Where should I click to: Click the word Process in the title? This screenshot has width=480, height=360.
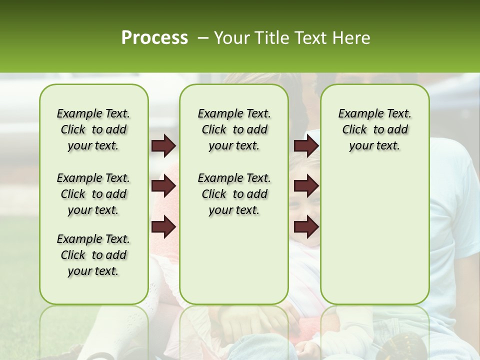tap(154, 38)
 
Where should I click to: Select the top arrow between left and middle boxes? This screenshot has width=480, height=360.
tap(163, 146)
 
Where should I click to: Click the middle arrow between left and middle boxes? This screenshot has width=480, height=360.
tap(163, 186)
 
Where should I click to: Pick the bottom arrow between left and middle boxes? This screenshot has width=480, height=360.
tap(163, 227)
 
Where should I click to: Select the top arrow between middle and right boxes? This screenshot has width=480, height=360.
tap(306, 146)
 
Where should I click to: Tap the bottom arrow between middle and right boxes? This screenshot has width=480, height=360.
tap(306, 227)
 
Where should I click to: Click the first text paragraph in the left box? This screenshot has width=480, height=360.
tap(93, 129)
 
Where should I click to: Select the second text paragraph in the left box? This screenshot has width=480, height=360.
tap(93, 194)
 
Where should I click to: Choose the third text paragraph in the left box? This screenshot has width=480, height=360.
tap(93, 255)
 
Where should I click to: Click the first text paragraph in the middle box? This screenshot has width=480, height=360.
tap(234, 129)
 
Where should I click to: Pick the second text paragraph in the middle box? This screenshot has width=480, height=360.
tap(234, 194)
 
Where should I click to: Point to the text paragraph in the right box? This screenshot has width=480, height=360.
tap(375, 129)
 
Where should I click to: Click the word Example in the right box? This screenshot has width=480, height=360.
tap(359, 114)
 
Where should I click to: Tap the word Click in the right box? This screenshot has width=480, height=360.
tap(354, 130)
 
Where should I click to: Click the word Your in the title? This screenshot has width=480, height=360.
tap(231, 38)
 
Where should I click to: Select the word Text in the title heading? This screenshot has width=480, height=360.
tap(310, 38)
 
